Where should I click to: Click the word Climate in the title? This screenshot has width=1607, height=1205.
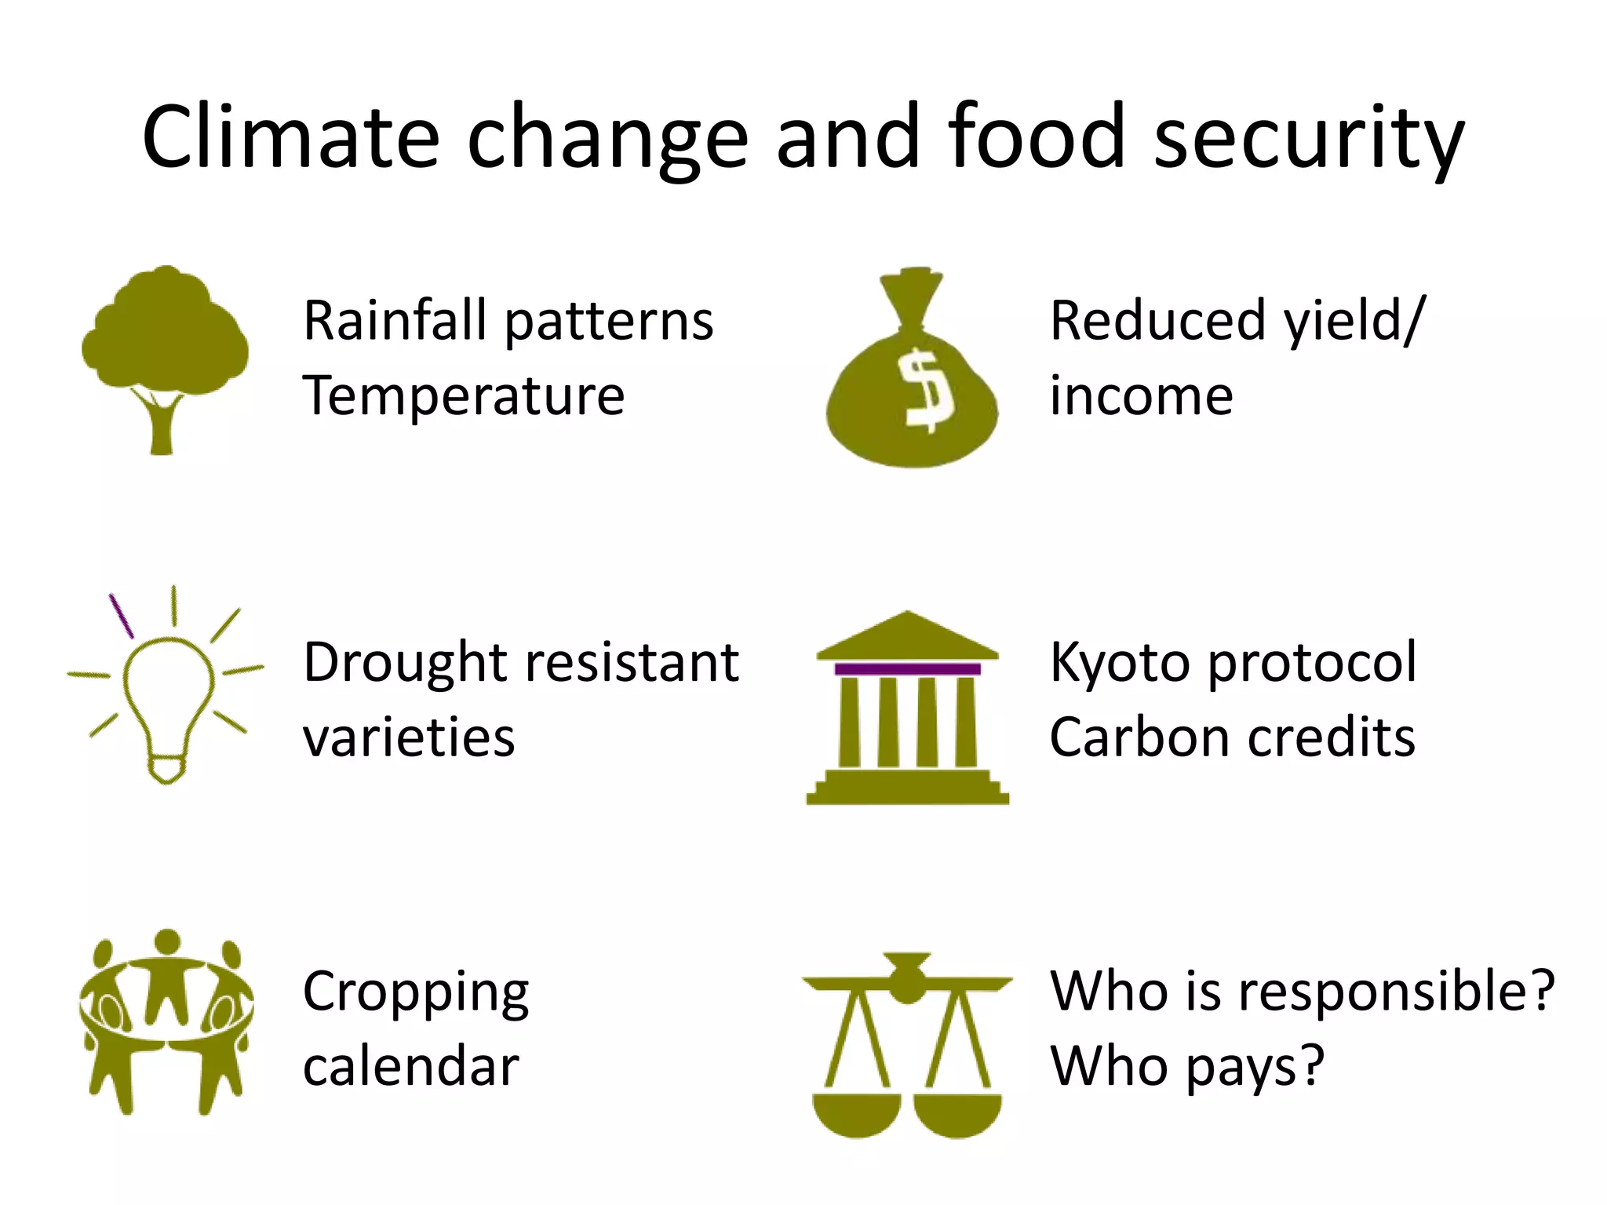click(x=290, y=137)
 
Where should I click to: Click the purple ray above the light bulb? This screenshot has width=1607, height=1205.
click(x=121, y=615)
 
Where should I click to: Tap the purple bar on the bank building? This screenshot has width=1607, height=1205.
click(x=907, y=669)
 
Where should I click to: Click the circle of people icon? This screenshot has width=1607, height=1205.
click(x=166, y=1020)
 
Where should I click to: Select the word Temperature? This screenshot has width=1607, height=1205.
click(x=464, y=396)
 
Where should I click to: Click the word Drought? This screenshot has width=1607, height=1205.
click(x=406, y=663)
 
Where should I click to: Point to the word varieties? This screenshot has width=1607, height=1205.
click(x=409, y=738)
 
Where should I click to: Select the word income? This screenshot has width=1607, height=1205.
click(x=1141, y=396)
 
